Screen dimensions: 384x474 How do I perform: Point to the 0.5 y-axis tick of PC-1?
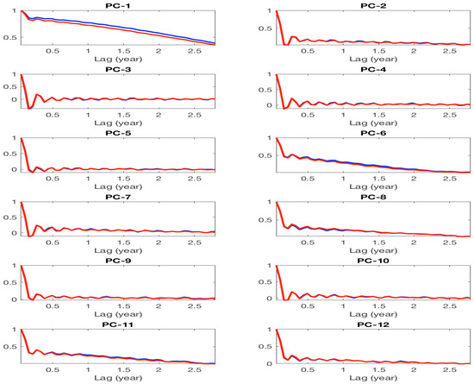tap(11, 37)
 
